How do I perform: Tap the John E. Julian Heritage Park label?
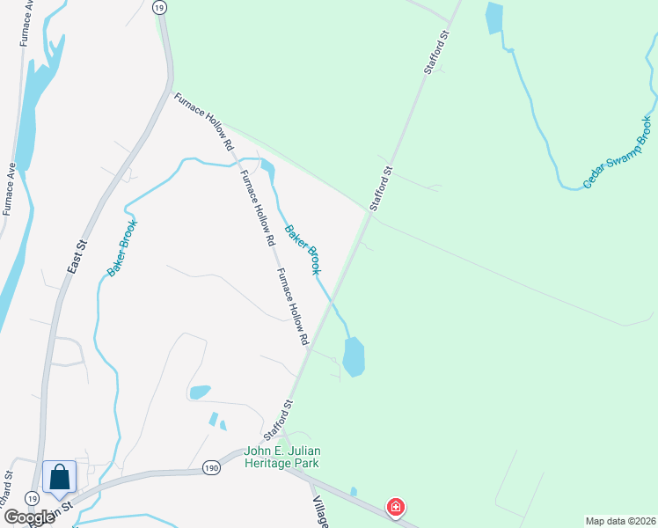pos(281,457)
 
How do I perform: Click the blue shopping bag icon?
pos(59,478)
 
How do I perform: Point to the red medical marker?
pos(396,507)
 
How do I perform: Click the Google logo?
pos(28,517)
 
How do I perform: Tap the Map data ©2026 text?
pos(620,521)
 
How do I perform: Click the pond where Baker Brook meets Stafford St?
pos(353,356)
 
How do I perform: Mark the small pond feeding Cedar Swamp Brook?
pos(493,18)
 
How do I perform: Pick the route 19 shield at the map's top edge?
pos(158,7)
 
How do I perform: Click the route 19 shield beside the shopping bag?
pos(33,498)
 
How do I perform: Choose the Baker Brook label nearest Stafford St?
pos(301,249)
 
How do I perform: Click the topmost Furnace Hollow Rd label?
pos(203,121)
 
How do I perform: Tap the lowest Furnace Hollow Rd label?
pos(294,306)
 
